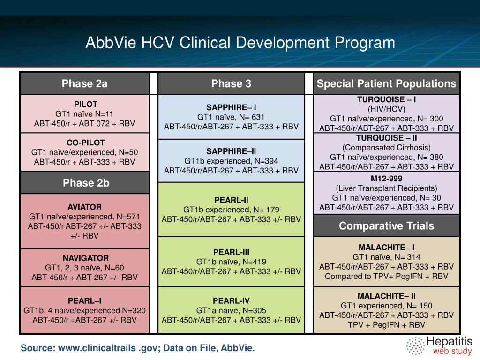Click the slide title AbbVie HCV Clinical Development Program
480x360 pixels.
(240, 43)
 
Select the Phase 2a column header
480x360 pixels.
(84, 84)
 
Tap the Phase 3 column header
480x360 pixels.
(231, 84)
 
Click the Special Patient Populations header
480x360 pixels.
(386, 84)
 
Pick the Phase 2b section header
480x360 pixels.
(84, 183)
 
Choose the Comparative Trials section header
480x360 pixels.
(386, 226)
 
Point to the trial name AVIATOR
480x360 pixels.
(84, 207)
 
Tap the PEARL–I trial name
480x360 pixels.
(84, 300)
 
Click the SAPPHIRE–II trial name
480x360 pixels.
(231, 151)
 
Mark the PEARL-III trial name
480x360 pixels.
(231, 251)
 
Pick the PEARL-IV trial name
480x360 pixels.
(231, 300)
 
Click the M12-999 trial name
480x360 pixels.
(386, 178)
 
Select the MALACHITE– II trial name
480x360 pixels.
(386, 296)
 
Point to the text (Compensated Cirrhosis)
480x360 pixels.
(386, 148)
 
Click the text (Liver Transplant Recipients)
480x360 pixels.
(386, 188)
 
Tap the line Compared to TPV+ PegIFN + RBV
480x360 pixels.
(386, 276)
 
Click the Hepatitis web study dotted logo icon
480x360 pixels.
(415, 345)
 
